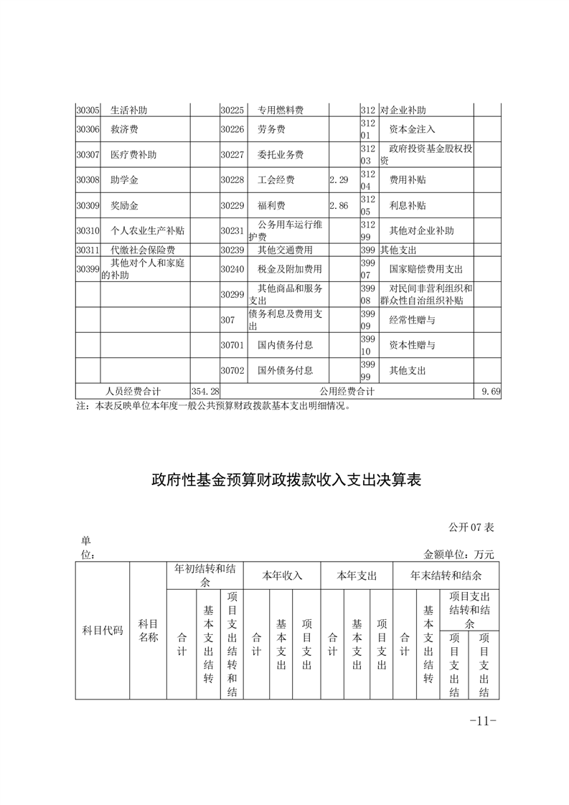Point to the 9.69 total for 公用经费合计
click(x=491, y=391)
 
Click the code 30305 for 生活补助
click(x=88, y=110)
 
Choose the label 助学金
click(x=125, y=179)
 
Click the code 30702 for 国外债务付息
click(x=232, y=370)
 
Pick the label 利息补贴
click(x=408, y=205)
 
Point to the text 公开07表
click(x=471, y=527)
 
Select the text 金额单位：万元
click(x=459, y=554)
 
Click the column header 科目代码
click(x=103, y=631)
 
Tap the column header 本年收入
click(x=282, y=575)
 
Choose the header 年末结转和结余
click(x=446, y=575)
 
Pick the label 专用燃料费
click(x=281, y=110)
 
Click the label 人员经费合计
click(x=133, y=391)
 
